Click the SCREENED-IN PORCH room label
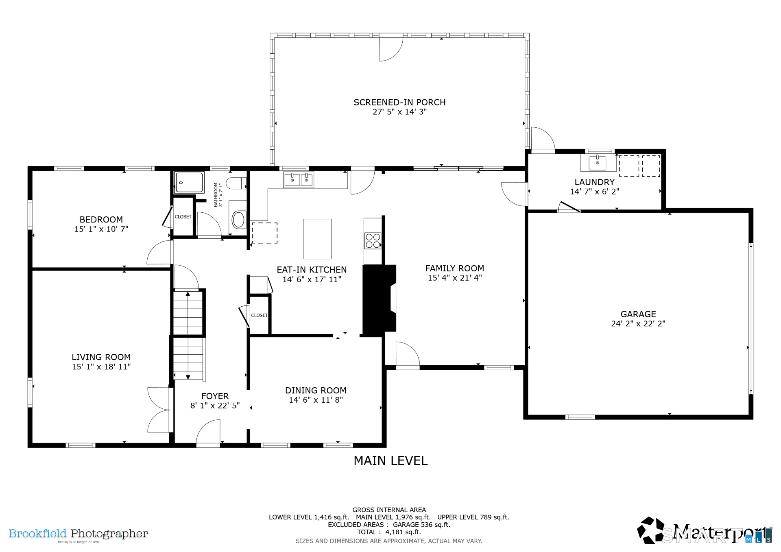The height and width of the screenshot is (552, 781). point(399,103)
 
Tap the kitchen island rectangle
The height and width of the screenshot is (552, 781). point(317,239)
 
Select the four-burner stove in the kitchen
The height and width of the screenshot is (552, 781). point(373,240)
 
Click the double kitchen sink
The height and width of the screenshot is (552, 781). point(299,180)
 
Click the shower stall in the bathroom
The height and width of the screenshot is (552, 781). point(189,182)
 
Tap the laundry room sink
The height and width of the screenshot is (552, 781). point(598,163)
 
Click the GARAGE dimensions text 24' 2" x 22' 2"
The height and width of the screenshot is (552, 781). point(638,324)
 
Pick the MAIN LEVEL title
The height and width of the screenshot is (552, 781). point(390,461)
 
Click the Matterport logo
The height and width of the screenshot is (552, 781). point(705,530)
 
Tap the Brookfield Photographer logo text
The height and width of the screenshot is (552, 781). point(79,534)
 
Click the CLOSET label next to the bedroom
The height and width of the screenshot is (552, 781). point(183,217)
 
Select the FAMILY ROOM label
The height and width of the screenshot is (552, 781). point(455,268)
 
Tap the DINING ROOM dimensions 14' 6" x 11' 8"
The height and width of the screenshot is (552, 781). point(316,400)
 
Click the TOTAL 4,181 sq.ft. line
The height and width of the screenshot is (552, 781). point(389,532)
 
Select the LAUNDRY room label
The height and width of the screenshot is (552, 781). point(594,182)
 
